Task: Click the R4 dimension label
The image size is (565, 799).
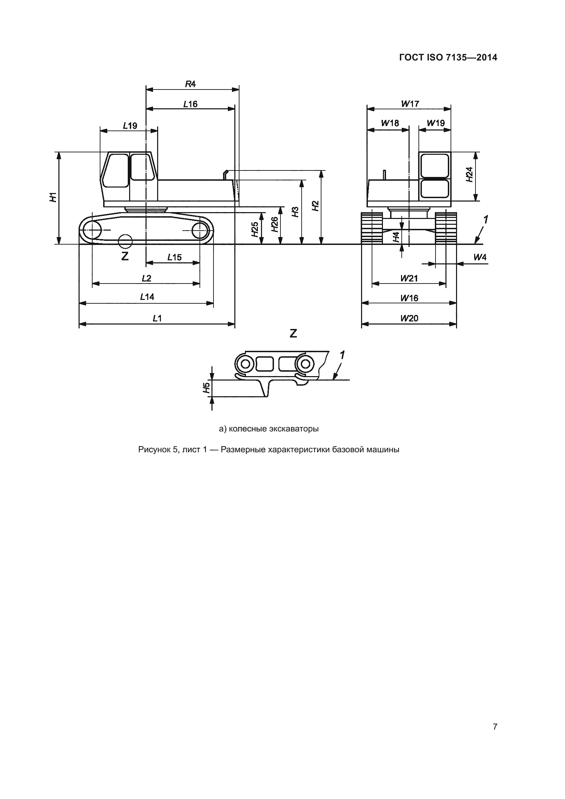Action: (190, 84)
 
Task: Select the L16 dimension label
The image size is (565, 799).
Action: (190, 104)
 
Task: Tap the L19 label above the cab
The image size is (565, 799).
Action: (130, 125)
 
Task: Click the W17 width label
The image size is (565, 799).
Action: (410, 104)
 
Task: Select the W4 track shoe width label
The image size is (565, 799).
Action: (480, 257)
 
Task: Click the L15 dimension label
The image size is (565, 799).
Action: (174, 257)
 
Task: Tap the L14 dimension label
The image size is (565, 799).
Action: (147, 297)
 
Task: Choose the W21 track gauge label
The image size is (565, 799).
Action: (409, 278)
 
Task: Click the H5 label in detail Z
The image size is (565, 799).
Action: (207, 388)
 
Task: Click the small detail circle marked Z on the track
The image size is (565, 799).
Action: (125, 241)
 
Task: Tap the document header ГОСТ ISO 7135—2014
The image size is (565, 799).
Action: (448, 57)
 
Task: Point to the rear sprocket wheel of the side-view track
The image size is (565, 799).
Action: (200, 230)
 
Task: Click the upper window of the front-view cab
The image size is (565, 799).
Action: (435, 166)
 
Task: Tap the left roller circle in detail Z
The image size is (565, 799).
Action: (245, 364)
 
